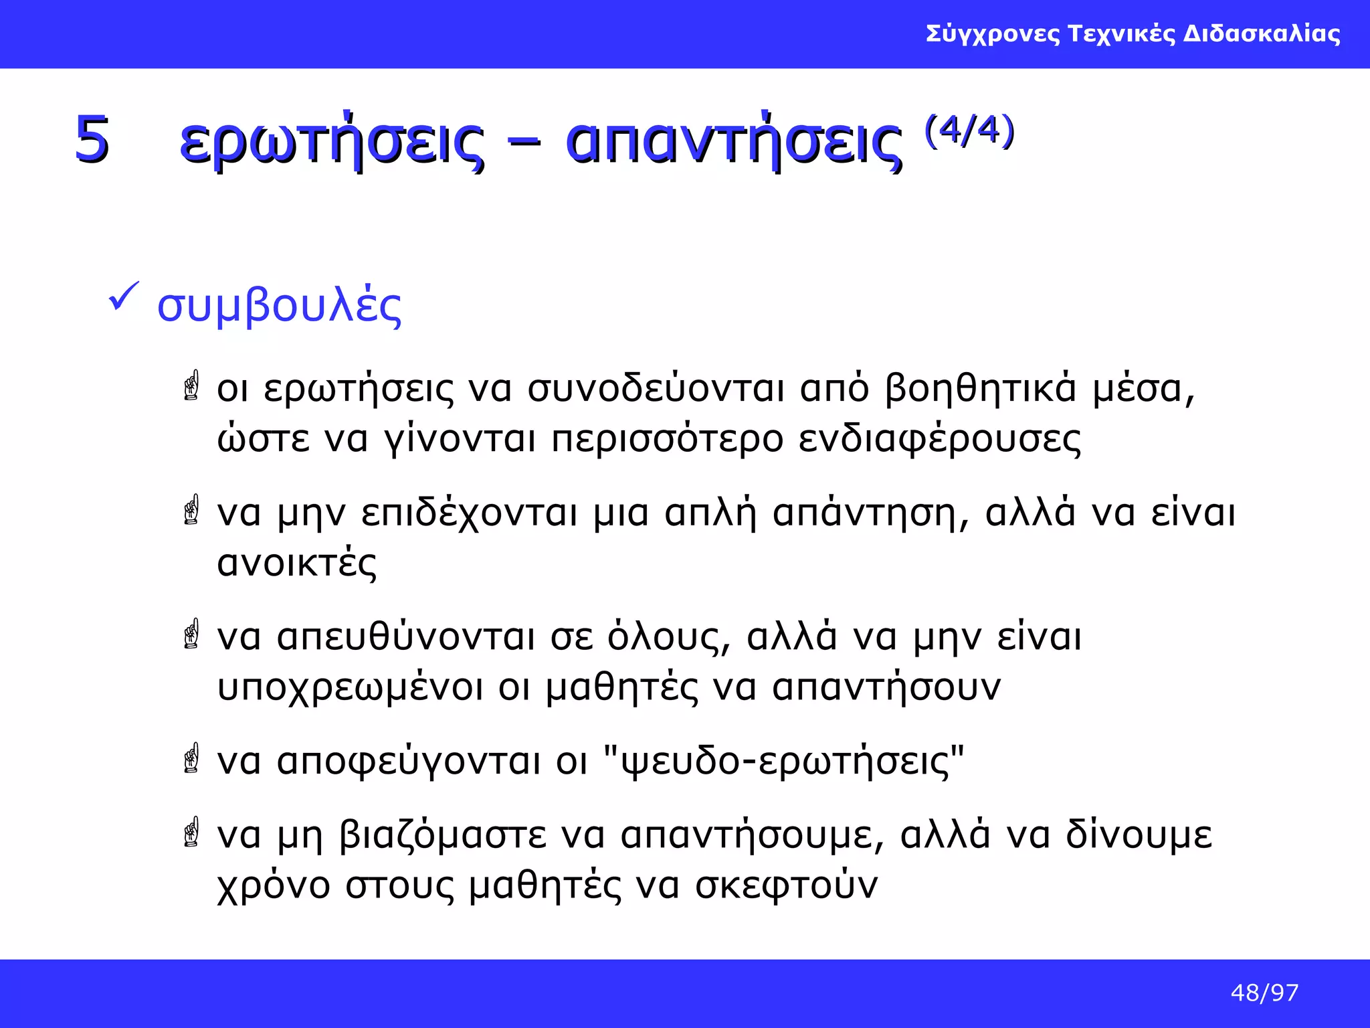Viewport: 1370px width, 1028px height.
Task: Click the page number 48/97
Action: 1264,993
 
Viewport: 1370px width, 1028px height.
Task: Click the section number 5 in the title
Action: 92,139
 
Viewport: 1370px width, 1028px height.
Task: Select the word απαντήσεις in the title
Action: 734,143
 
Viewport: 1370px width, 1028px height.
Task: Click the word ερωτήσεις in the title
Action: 331,143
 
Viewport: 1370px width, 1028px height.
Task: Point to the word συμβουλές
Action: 279,307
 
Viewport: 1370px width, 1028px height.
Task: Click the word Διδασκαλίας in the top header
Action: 1262,33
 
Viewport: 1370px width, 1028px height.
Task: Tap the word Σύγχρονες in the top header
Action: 993,33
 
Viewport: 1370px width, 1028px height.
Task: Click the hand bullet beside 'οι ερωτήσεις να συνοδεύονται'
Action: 191,386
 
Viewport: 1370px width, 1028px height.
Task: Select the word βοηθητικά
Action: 981,388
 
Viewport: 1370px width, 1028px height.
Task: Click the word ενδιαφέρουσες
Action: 939,440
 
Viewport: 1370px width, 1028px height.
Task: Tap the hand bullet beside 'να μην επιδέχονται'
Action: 191,510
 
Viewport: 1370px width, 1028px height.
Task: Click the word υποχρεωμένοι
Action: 349,688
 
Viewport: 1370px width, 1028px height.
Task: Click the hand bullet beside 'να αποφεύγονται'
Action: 191,758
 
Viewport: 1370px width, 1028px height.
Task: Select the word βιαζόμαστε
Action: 443,835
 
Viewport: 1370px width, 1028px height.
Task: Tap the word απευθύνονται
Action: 405,636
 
